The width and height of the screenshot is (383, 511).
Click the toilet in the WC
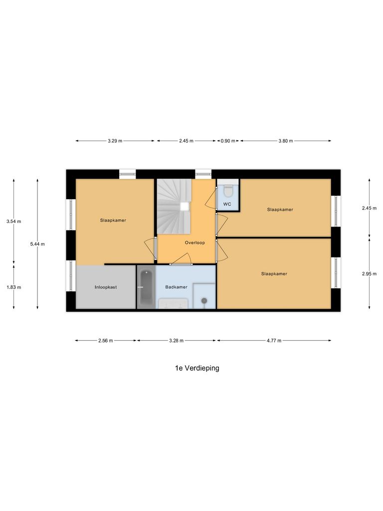point(228,190)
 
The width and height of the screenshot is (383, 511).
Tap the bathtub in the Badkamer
point(146,289)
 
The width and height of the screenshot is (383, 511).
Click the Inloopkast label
point(106,287)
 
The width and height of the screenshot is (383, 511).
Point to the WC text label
point(227,205)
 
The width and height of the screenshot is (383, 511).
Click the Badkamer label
point(177,287)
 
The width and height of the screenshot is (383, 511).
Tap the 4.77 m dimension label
point(273,340)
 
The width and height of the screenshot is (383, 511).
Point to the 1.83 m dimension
point(14,287)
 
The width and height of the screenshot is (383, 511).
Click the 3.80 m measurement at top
point(285,141)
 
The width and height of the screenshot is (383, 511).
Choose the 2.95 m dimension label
point(369,273)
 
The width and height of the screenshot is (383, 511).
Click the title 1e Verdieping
point(197,368)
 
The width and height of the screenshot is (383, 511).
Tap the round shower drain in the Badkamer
point(203,300)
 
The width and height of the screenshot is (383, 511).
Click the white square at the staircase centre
point(185,206)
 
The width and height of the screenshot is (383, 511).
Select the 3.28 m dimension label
point(177,340)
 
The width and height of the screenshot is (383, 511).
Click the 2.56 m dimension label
point(106,340)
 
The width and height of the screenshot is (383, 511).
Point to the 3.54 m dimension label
point(14,221)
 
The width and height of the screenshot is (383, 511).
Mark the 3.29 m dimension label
point(115,141)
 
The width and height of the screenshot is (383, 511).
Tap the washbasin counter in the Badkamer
point(173,303)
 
